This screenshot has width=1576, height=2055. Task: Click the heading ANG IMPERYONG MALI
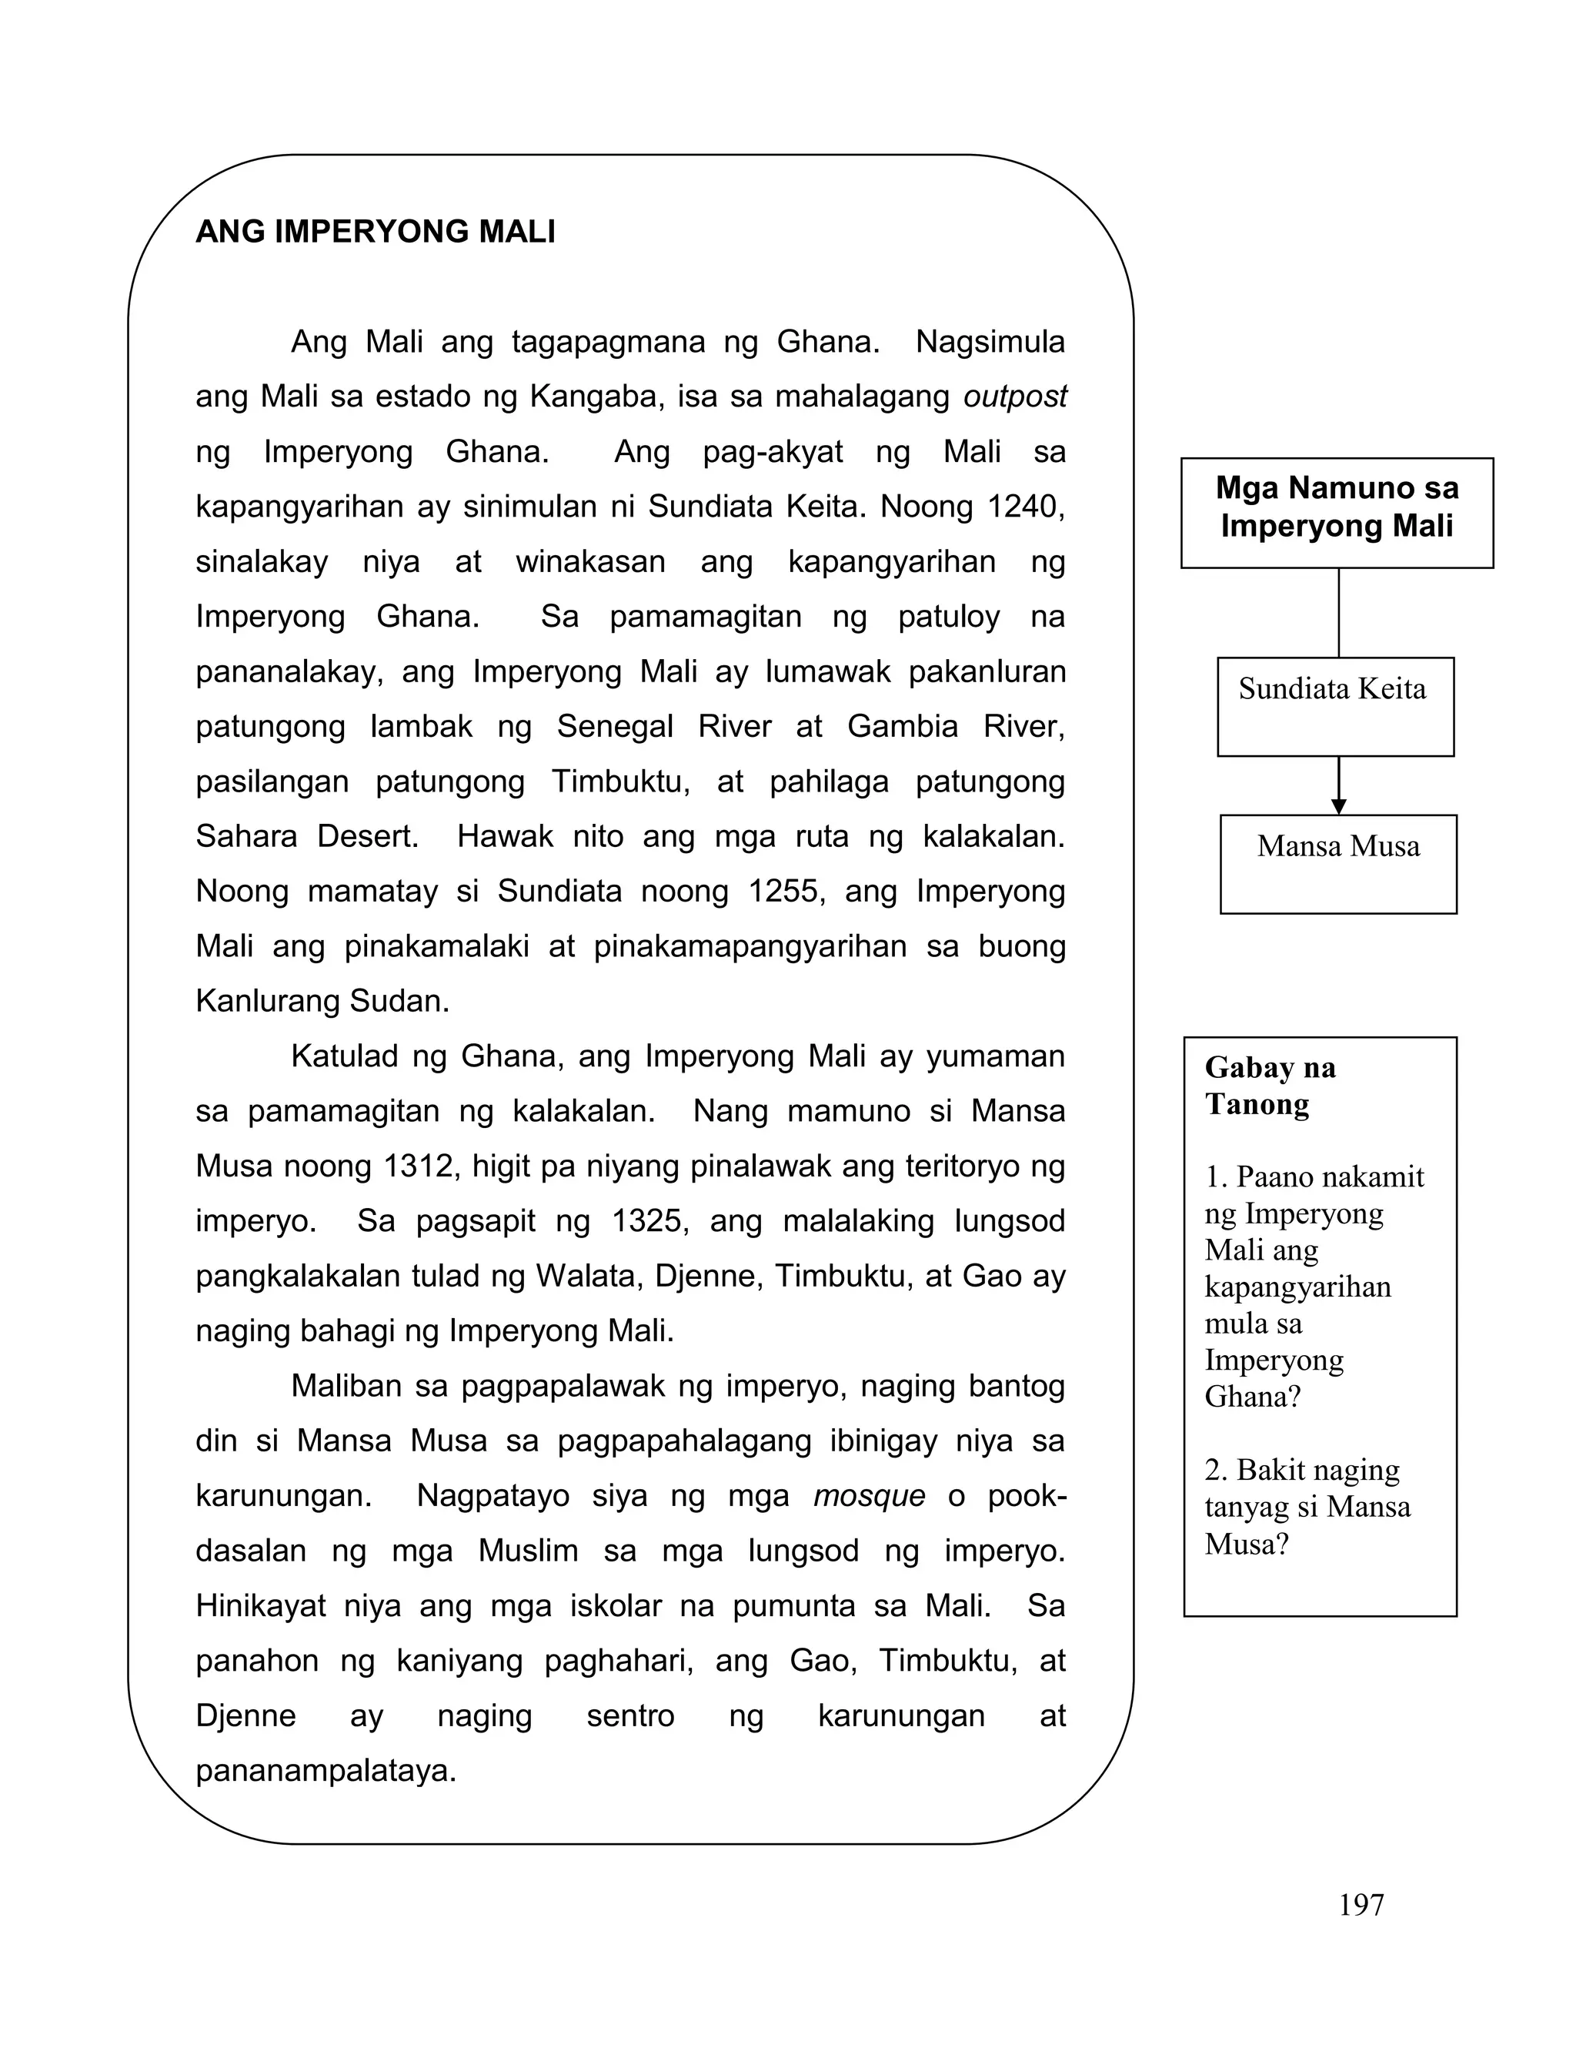click(x=376, y=231)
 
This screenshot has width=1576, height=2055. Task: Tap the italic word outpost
click(x=1014, y=397)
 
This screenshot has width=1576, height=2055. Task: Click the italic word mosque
click(x=869, y=1496)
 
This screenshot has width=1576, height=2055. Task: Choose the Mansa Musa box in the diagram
click(x=1337, y=863)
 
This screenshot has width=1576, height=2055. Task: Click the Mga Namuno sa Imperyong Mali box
click(x=1337, y=511)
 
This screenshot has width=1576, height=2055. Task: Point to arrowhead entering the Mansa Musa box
click(x=1339, y=806)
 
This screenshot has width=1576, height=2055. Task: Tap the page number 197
click(x=1361, y=1906)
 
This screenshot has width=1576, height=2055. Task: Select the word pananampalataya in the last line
click(x=325, y=1771)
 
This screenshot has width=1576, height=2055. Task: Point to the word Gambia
click(x=902, y=726)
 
